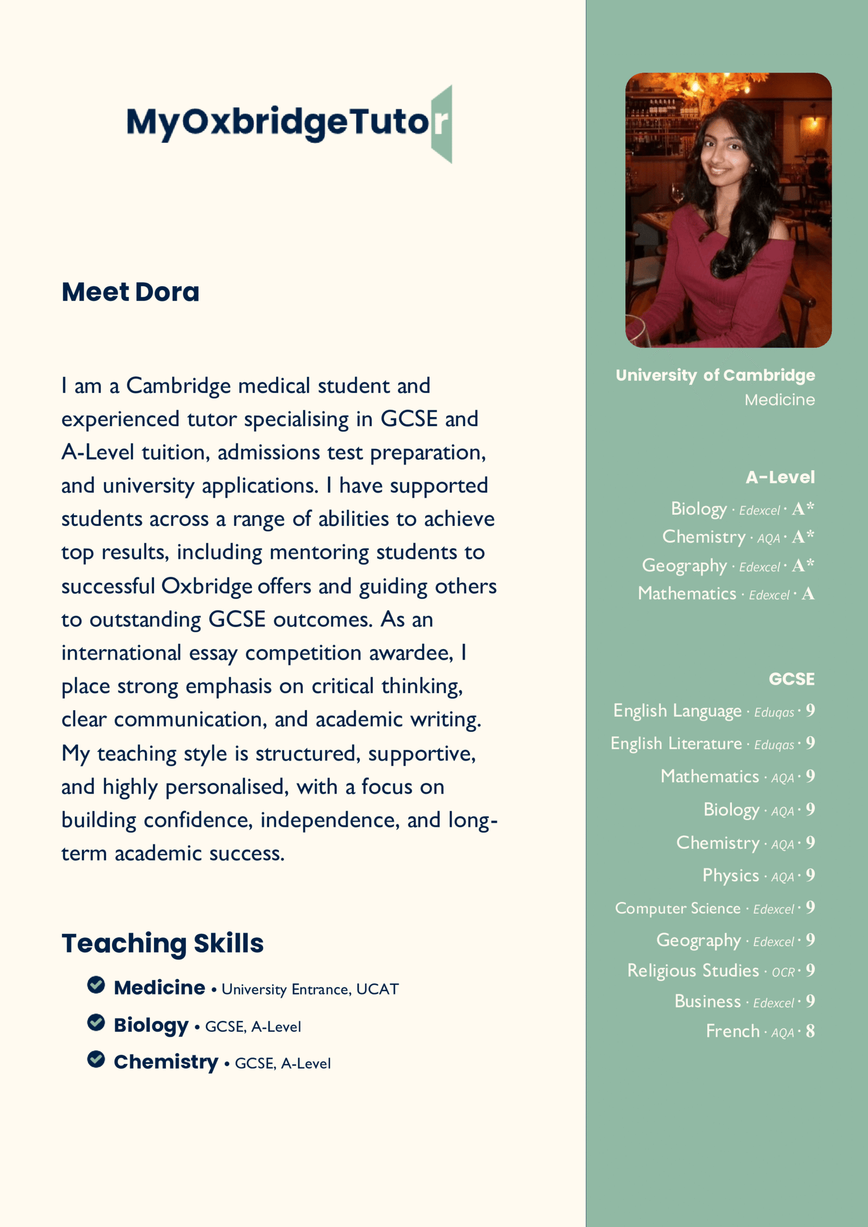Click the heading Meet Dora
pyautogui.click(x=130, y=292)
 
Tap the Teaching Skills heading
pyautogui.click(x=162, y=943)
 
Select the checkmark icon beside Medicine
pyautogui.click(x=96, y=985)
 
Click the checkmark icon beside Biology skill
pyautogui.click(x=96, y=1022)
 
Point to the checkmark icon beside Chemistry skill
pyautogui.click(x=96, y=1059)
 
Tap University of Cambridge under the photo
pyautogui.click(x=715, y=375)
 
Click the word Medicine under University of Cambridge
pyautogui.click(x=779, y=400)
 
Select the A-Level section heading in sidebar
pyautogui.click(x=780, y=477)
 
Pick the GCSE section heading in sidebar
pyautogui.click(x=792, y=679)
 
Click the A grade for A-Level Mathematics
pyautogui.click(x=808, y=594)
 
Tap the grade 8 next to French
pyautogui.click(x=810, y=1031)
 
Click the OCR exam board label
pyautogui.click(x=783, y=972)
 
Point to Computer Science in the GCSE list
pyautogui.click(x=678, y=908)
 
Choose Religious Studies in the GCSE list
pyautogui.click(x=693, y=971)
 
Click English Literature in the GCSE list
pyautogui.click(x=676, y=743)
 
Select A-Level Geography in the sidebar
pyautogui.click(x=684, y=566)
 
